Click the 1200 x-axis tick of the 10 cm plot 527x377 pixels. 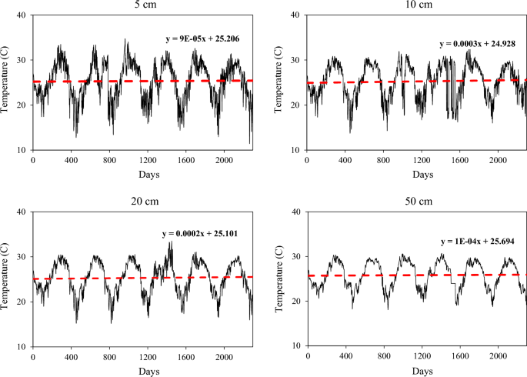tap(422, 160)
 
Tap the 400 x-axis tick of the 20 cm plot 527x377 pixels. tap(71, 357)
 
